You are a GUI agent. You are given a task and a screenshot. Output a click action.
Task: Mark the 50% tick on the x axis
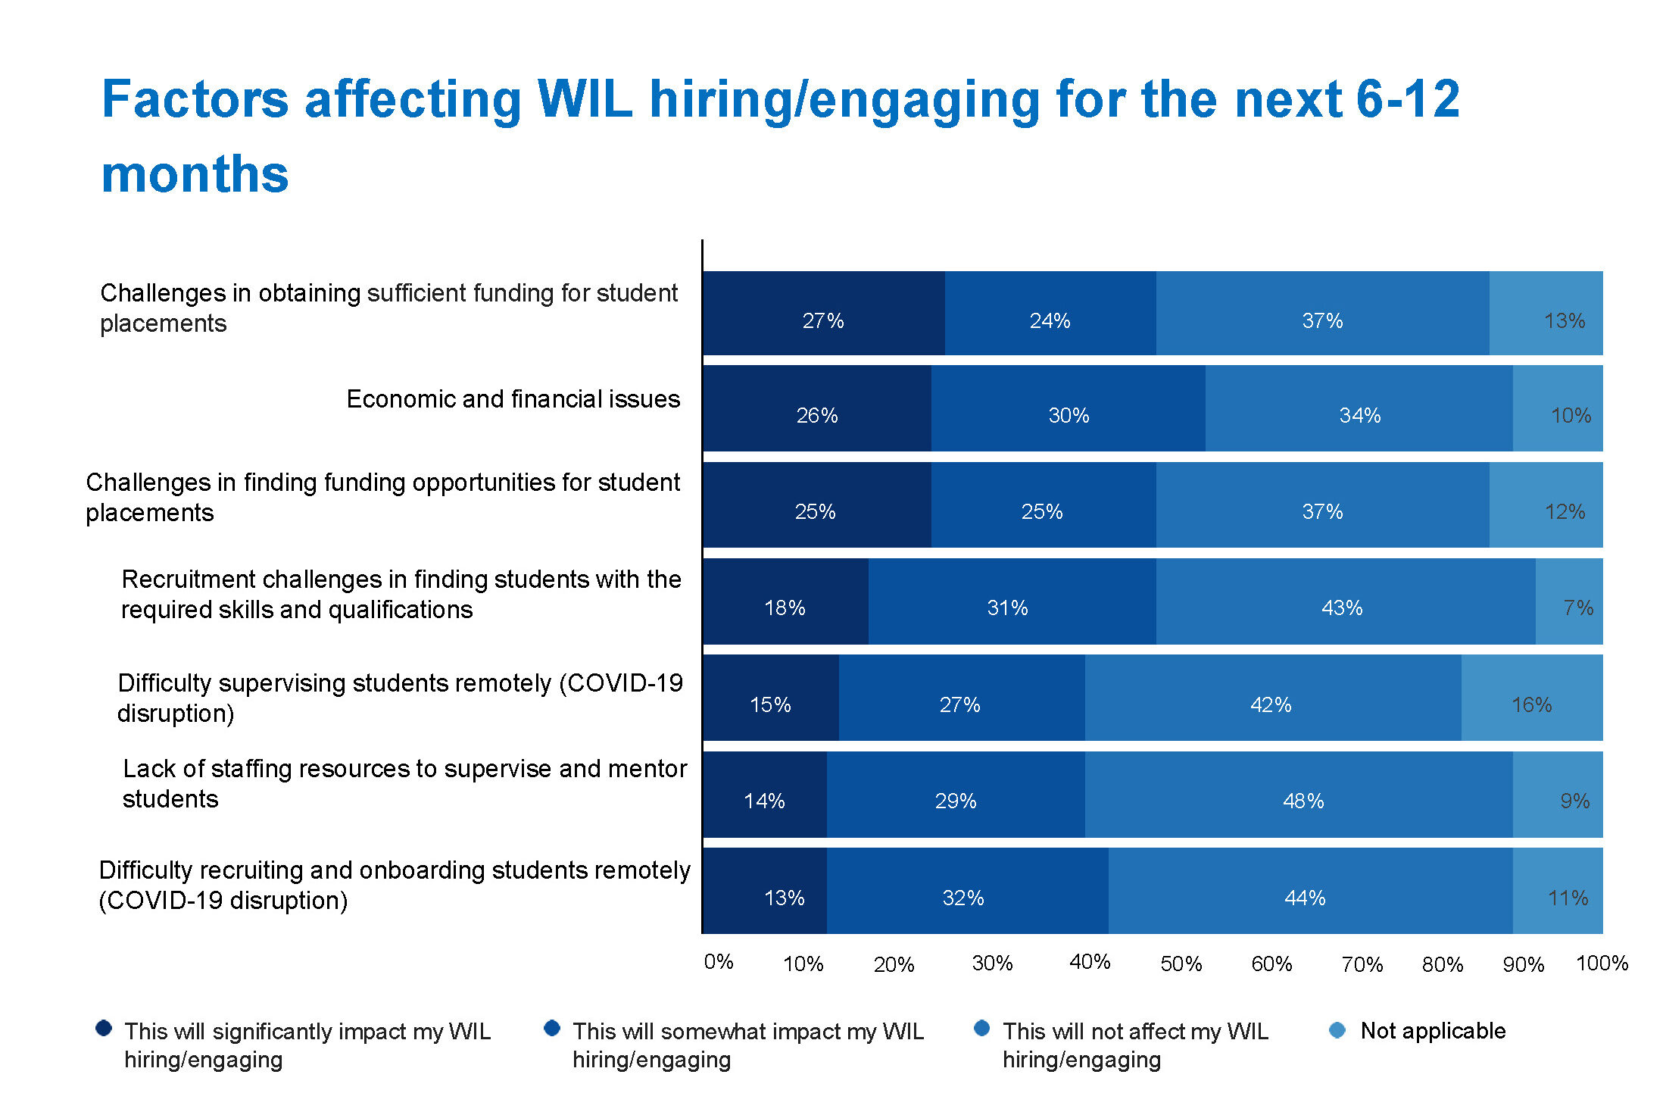[x=1181, y=964]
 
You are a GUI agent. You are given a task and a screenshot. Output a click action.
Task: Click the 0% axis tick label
[x=718, y=962]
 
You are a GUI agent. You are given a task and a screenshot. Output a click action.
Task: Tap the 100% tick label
[x=1602, y=964]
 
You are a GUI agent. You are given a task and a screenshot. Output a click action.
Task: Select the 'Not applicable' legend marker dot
[x=1337, y=1030]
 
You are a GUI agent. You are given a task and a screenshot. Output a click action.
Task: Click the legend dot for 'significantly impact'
[x=104, y=1028]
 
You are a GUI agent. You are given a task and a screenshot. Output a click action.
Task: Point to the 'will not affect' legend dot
[x=981, y=1028]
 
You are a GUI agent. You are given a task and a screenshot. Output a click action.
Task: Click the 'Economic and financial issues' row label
[x=513, y=399]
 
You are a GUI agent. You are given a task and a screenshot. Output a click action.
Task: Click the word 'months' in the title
[x=195, y=174]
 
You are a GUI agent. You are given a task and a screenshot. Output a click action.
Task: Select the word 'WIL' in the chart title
[x=584, y=99]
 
